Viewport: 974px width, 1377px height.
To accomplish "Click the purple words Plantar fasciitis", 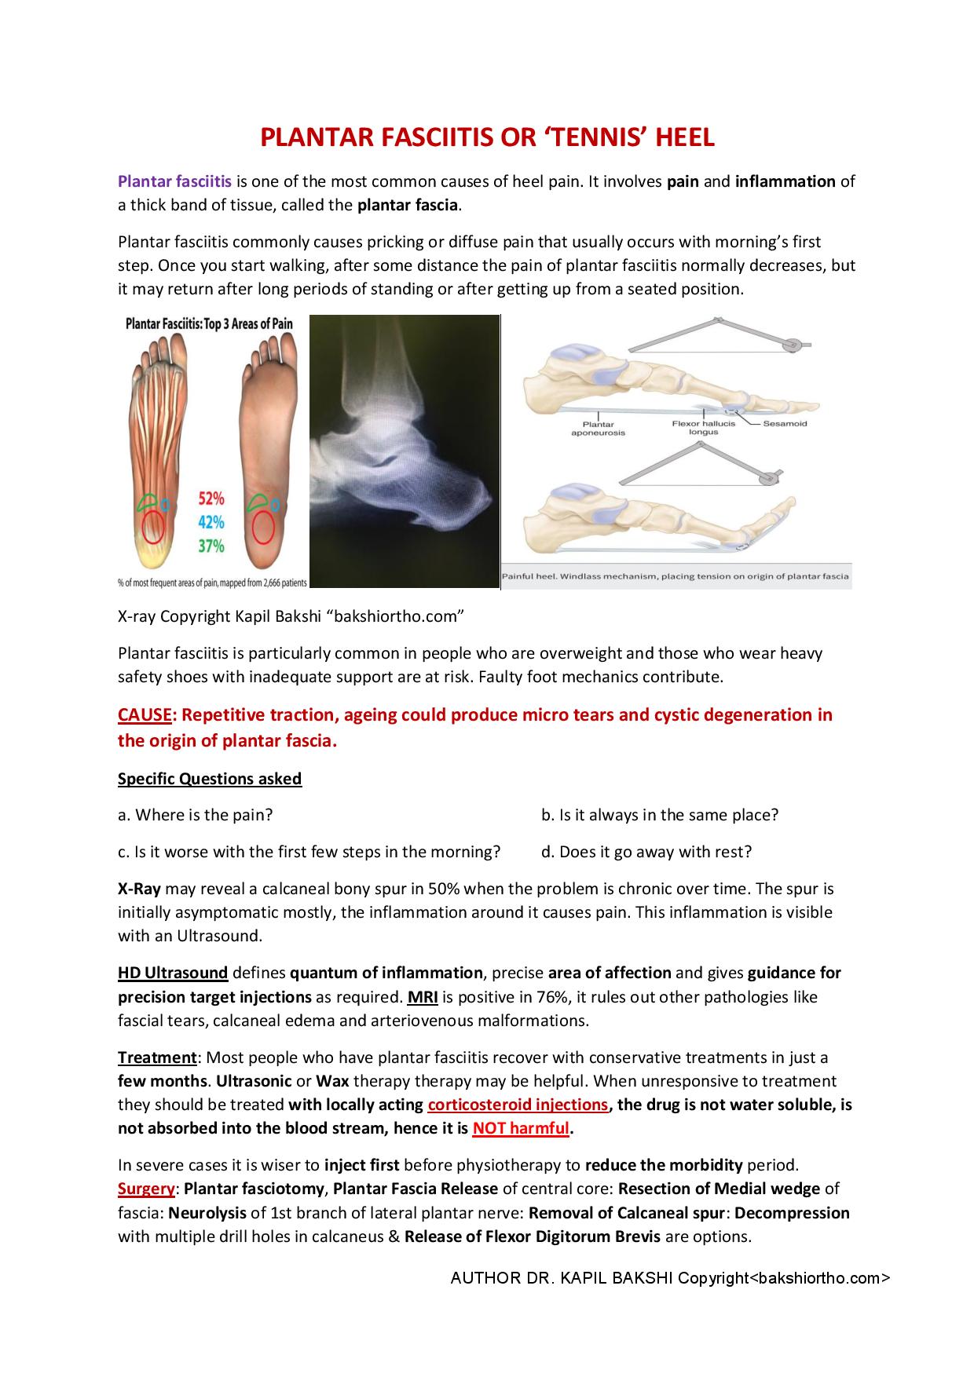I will tap(174, 181).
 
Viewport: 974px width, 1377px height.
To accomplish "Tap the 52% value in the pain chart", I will tap(211, 499).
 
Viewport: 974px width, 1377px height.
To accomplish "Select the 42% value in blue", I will tap(211, 522).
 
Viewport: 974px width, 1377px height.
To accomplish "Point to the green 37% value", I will tap(211, 546).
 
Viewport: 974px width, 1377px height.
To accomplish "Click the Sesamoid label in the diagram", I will tap(785, 424).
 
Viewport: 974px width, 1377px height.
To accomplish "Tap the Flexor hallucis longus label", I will tap(703, 428).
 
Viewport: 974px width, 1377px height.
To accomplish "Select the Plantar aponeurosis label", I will tap(598, 429).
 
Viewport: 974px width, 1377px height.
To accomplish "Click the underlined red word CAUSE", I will tap(145, 715).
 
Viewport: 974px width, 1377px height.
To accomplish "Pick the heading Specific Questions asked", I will tap(210, 779).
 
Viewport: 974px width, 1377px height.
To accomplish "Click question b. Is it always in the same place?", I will tap(660, 815).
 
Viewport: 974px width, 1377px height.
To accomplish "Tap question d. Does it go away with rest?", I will tap(646, 852).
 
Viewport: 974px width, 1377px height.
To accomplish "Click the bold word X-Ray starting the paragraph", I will tap(139, 889).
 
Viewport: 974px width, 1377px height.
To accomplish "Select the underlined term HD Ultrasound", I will tap(173, 973).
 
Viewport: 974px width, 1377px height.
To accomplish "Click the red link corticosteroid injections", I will tap(518, 1105).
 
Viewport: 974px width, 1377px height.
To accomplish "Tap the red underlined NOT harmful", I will tap(520, 1129).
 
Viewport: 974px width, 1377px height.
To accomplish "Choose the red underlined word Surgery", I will tap(145, 1189).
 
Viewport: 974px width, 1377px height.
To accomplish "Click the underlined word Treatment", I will tap(156, 1057).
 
